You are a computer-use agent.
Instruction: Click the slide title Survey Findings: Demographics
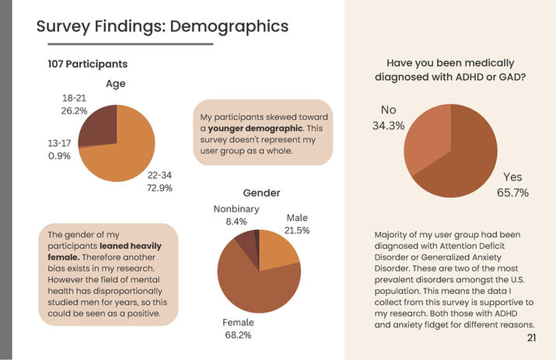click(x=163, y=26)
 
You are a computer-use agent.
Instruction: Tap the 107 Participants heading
click(x=88, y=64)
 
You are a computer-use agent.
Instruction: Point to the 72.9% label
click(x=159, y=188)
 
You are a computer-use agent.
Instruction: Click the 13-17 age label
click(x=59, y=142)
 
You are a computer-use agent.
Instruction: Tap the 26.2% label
click(x=75, y=111)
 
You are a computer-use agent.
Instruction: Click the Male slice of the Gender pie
click(x=276, y=250)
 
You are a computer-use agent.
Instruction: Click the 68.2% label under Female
click(x=239, y=335)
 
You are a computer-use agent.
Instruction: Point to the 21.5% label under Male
click(x=297, y=231)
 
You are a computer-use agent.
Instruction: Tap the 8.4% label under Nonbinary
click(x=236, y=222)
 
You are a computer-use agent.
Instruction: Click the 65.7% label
click(x=512, y=192)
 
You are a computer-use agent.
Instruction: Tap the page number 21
click(x=531, y=337)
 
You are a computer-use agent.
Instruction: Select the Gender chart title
click(x=261, y=193)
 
